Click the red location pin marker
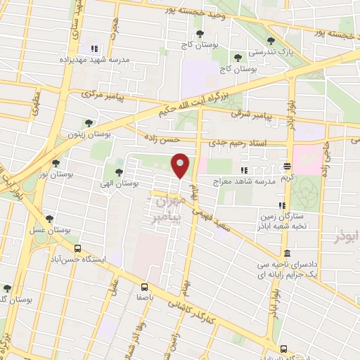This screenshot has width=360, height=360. tap(181, 166)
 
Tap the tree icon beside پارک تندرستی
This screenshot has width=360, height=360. tap(271, 41)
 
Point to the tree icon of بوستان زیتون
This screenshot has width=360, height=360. tap(88, 123)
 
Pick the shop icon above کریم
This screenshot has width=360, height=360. tap(288, 167)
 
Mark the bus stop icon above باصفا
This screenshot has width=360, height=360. tap(144, 287)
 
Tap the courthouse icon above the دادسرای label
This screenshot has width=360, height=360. tap(287, 253)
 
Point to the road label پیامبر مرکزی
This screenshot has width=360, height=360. tap(104, 93)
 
